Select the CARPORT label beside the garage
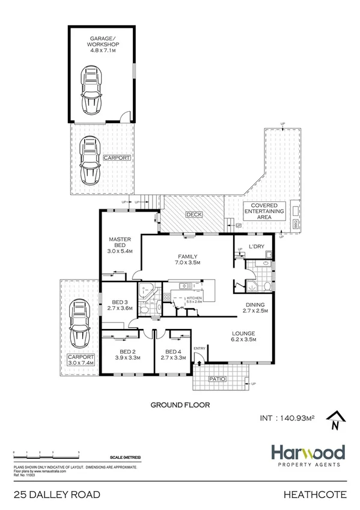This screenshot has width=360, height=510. pos(117,158)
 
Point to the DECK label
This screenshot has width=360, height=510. pos(193,214)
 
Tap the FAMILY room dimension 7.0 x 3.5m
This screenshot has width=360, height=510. pos(187,263)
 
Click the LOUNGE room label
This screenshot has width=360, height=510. pos(245,333)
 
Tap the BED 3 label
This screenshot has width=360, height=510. pos(120,302)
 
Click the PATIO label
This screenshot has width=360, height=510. pos(217,379)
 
